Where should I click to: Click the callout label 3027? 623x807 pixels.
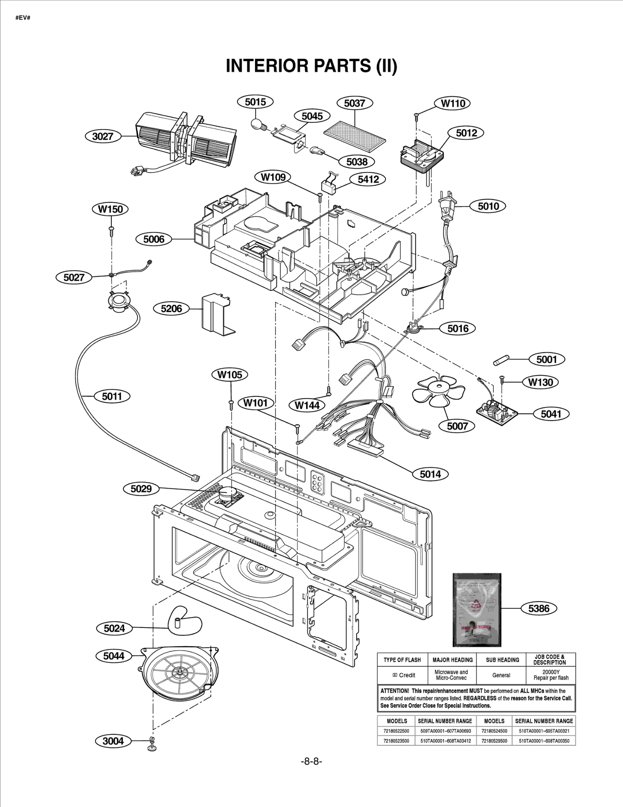pos(102,136)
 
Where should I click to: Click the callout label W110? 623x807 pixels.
pos(452,103)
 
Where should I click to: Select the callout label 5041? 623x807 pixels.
pos(551,414)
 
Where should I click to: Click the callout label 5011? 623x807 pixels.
pos(112,396)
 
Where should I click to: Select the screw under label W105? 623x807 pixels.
pos(231,404)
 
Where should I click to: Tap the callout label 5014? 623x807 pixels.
pos(430,474)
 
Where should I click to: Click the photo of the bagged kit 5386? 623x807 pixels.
pos(477,610)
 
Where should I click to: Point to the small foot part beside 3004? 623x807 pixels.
pos(152,744)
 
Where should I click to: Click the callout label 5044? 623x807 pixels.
pos(113,656)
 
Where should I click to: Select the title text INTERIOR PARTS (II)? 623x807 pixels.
pos(311,65)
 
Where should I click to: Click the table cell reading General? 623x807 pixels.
pos(501,675)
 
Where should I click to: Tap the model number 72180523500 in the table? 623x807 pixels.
pos(396,741)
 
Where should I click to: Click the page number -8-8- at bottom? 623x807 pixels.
pos(311,761)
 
